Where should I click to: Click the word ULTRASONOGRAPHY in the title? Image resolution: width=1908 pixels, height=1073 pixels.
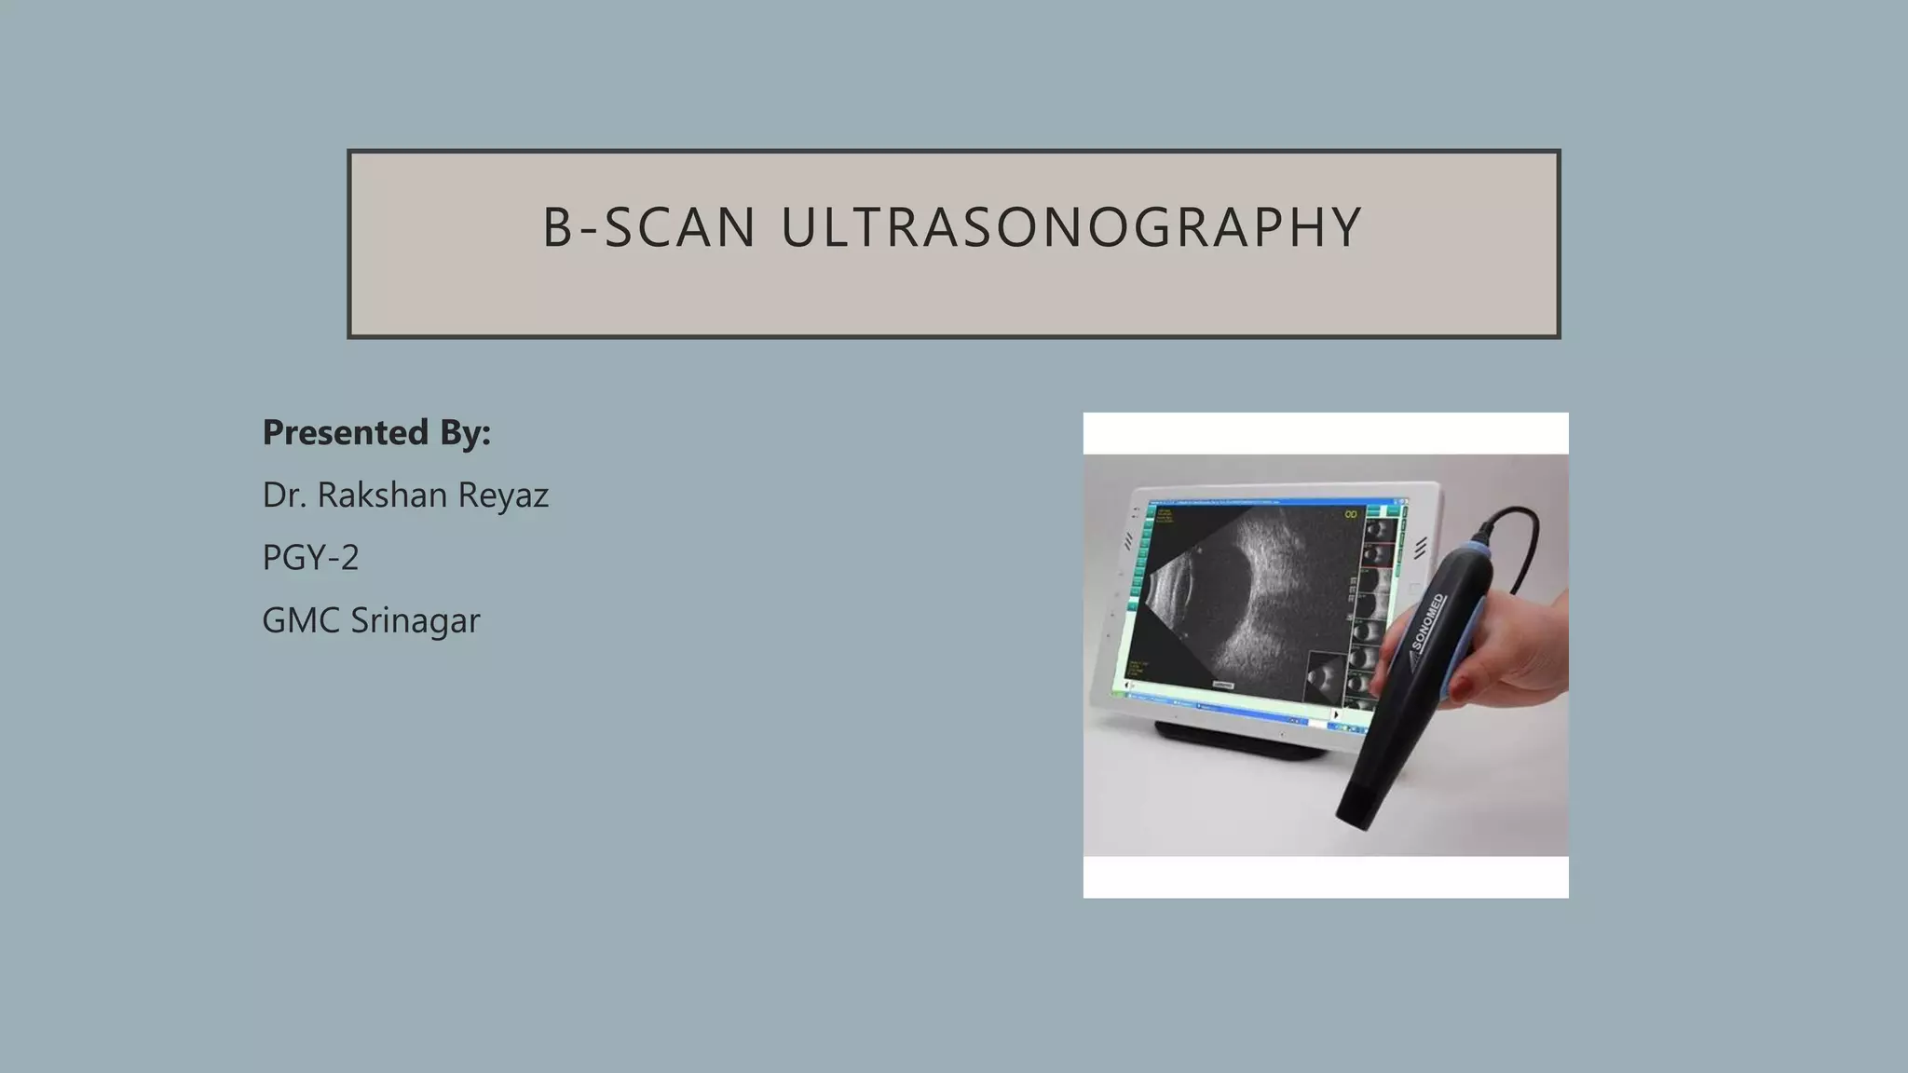[1071, 228]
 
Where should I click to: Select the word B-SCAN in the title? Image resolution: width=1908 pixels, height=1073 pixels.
[649, 228]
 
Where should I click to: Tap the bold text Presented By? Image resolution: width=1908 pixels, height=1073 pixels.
[376, 432]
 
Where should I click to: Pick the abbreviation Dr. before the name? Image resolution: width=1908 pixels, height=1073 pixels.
[284, 495]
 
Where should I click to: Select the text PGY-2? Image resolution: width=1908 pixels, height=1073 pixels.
[310, 557]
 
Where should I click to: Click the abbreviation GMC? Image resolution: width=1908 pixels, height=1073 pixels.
[301, 620]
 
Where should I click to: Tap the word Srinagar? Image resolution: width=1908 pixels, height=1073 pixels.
[415, 620]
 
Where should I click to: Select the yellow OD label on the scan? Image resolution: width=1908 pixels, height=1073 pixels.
[1350, 514]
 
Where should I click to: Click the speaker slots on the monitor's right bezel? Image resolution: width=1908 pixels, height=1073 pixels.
[1420, 549]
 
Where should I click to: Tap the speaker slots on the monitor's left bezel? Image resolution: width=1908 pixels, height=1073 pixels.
[1128, 541]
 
